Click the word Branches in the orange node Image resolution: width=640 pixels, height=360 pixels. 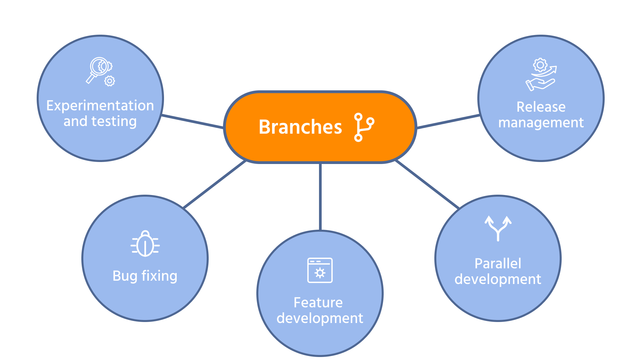click(300, 127)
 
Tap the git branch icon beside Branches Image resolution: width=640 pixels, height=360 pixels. click(364, 127)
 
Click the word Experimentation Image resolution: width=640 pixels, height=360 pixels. click(100, 106)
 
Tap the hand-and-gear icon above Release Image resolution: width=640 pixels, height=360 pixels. click(541, 75)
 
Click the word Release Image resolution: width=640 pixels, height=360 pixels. click(541, 107)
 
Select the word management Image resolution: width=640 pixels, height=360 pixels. click(541, 123)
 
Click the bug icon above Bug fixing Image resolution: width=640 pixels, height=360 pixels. click(145, 244)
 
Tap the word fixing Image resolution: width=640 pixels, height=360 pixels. click(159, 276)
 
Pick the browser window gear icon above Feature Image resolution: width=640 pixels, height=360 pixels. click(320, 270)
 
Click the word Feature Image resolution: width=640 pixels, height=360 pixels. click(318, 303)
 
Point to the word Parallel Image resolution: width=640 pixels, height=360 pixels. click(498, 264)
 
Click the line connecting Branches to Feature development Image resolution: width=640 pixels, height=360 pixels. click(320, 197)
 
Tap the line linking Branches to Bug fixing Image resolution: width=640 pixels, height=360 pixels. click(215, 184)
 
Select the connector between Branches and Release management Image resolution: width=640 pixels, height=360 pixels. click(448, 121)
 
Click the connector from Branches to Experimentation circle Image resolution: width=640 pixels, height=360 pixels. click(193, 121)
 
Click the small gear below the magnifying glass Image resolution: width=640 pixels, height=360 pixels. click(110, 81)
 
